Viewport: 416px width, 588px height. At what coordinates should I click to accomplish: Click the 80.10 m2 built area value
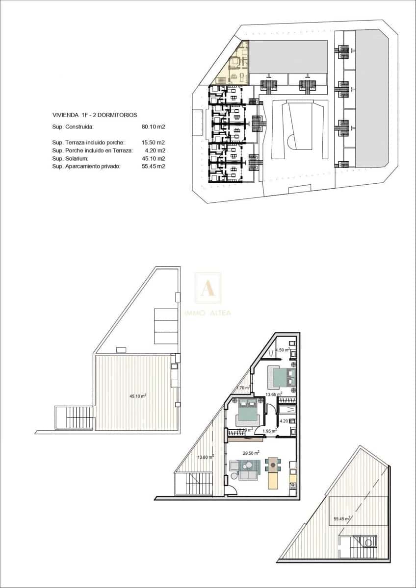pos(153,126)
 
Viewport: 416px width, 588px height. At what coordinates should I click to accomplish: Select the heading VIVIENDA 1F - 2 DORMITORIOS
pos(95,115)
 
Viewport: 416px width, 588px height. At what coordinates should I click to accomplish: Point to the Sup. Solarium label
pos(70,159)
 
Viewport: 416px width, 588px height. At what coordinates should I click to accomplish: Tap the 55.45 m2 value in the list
pos(153,167)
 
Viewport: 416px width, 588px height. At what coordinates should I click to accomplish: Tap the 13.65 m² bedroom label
pos(273,394)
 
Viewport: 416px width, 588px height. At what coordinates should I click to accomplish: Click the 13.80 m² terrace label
pos(206,457)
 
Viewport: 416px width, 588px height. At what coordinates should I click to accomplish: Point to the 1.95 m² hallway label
pos(269,431)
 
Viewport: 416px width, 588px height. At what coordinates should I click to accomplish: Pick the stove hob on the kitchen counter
pos(293,487)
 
